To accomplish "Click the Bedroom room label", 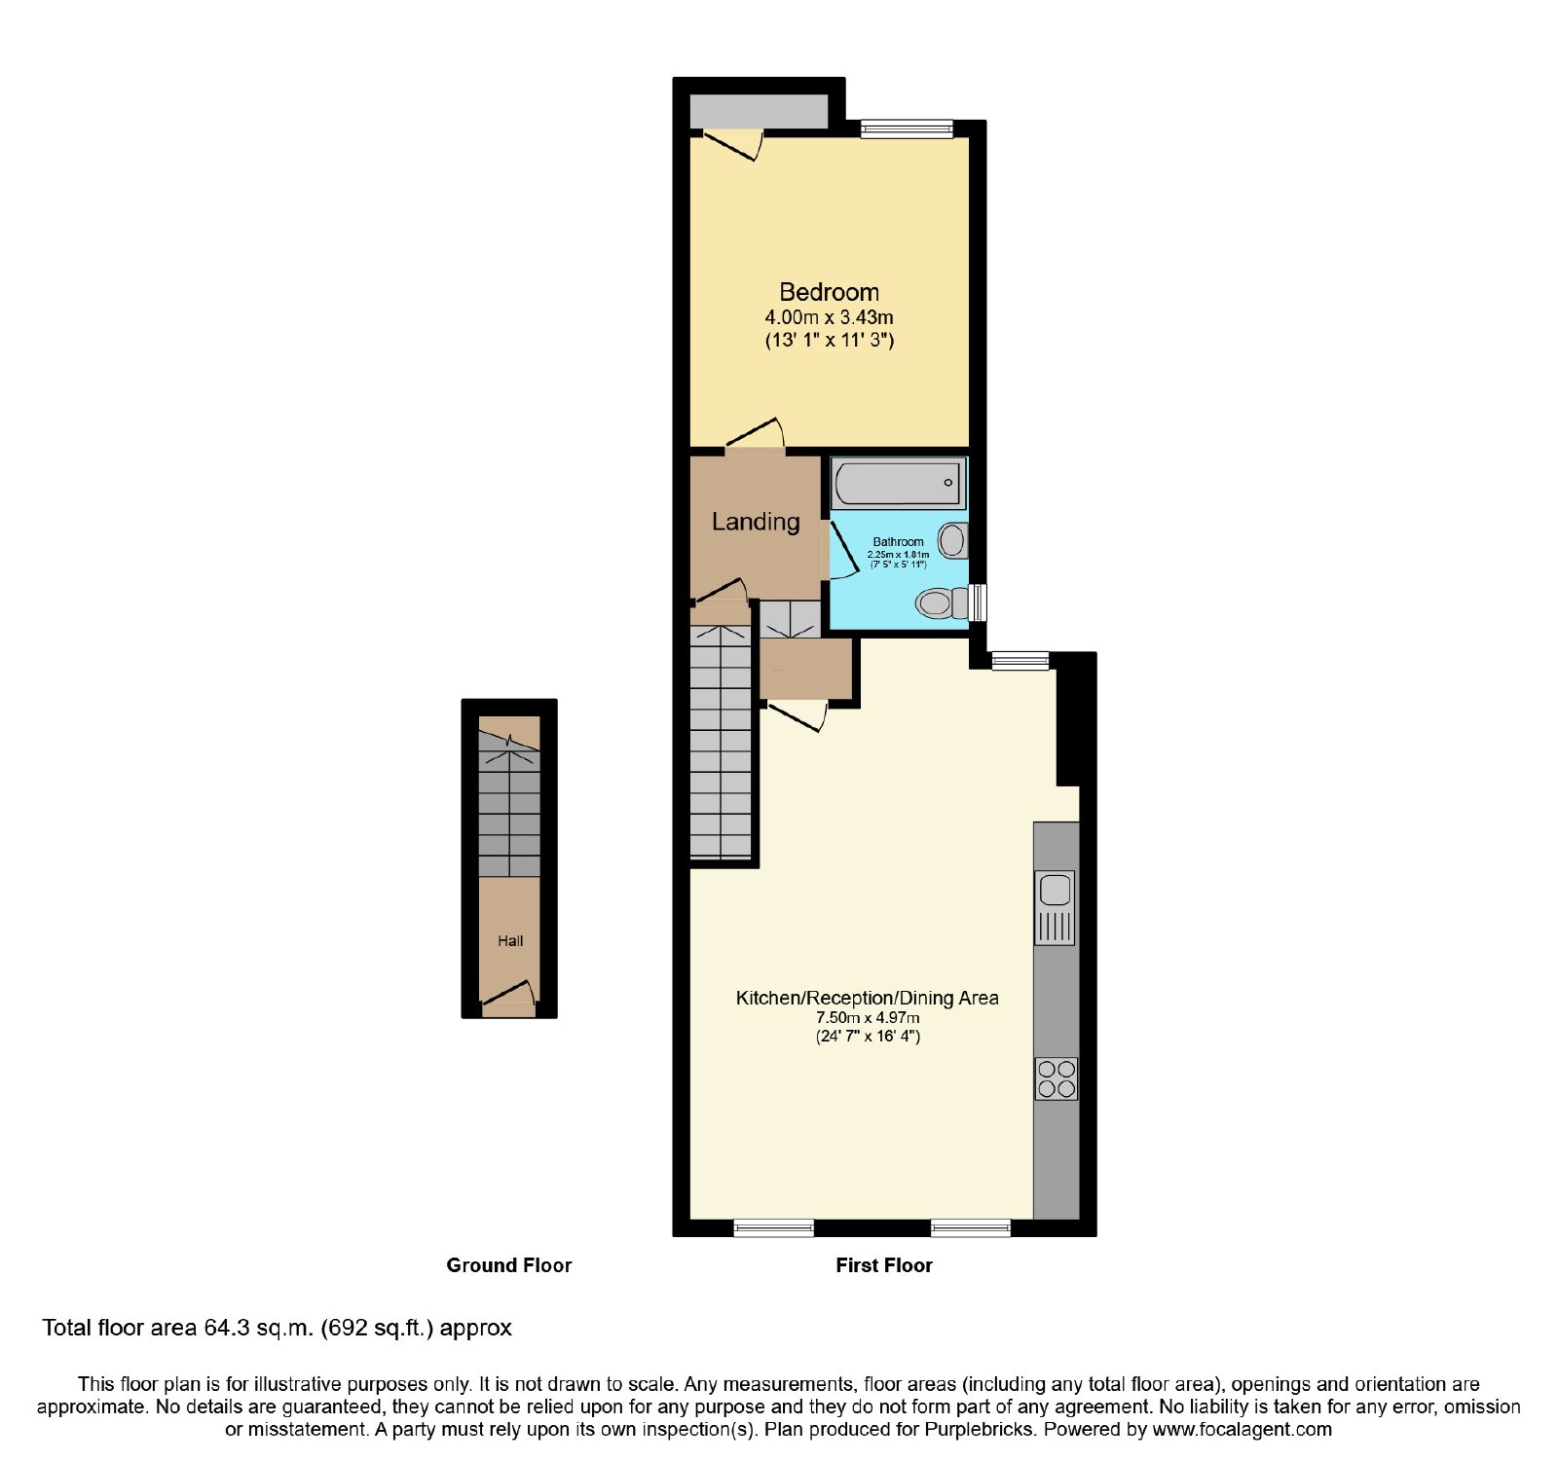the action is [829, 292].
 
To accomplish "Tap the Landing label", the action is [756, 522].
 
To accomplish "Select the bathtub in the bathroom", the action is [898, 484].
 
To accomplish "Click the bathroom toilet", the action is [943, 603].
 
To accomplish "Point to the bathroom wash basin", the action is [953, 540].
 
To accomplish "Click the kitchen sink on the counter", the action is [1056, 907].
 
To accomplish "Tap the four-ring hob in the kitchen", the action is [1057, 1078].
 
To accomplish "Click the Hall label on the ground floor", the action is [510, 940].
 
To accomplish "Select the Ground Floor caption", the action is [509, 1265].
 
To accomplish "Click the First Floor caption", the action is [884, 1265].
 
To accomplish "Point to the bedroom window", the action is [907, 128].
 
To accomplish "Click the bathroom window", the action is [979, 603].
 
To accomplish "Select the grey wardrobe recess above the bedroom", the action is [760, 111].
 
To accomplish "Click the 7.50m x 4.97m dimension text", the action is [868, 1017].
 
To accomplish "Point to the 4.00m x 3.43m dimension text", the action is [829, 317].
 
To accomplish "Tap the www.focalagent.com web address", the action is [1242, 1430].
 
